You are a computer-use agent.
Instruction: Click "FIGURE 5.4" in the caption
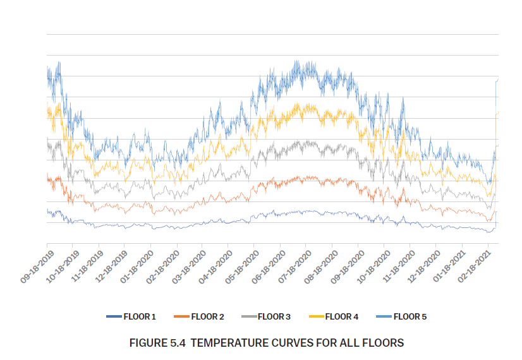(x=156, y=343)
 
